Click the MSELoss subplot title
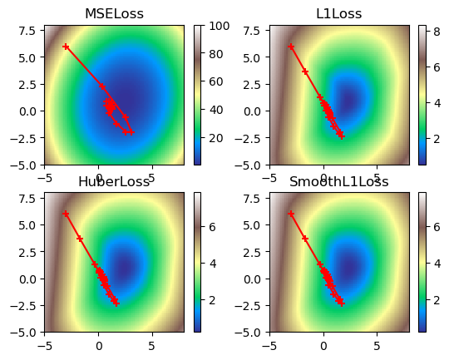tap(115, 14)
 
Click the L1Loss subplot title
tap(339, 14)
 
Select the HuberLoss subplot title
tap(114, 181)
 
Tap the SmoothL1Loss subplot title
tap(339, 181)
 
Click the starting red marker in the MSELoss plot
tap(66, 47)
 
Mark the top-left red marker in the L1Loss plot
tap(291, 47)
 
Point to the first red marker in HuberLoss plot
tap(66, 214)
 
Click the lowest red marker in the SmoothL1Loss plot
tap(342, 303)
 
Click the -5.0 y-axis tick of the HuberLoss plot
tap(24, 332)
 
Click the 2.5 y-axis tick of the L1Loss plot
tap(250, 84)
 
